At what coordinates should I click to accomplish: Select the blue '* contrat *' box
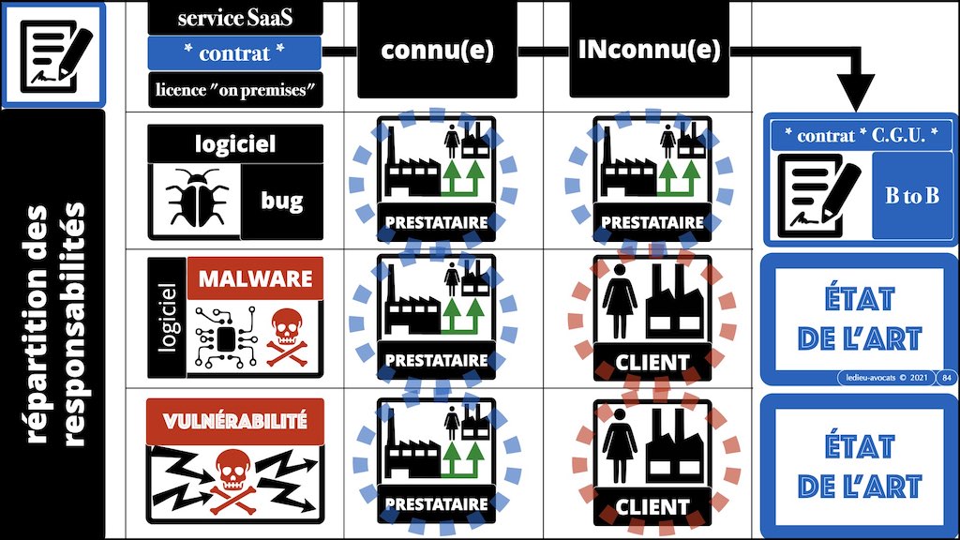(x=235, y=53)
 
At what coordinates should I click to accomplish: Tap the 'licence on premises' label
(x=235, y=90)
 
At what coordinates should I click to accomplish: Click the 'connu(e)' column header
(x=437, y=51)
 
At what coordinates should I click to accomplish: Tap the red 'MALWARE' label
(x=255, y=279)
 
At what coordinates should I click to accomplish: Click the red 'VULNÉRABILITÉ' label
(x=234, y=421)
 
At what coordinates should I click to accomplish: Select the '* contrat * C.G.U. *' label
(x=860, y=135)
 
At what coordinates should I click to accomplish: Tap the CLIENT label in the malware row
(x=652, y=361)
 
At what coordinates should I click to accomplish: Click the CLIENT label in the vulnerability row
(x=652, y=507)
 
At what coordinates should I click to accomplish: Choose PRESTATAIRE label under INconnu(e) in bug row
(x=652, y=222)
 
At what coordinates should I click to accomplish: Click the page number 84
(x=944, y=377)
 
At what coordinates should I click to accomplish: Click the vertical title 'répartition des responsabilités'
(x=52, y=323)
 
